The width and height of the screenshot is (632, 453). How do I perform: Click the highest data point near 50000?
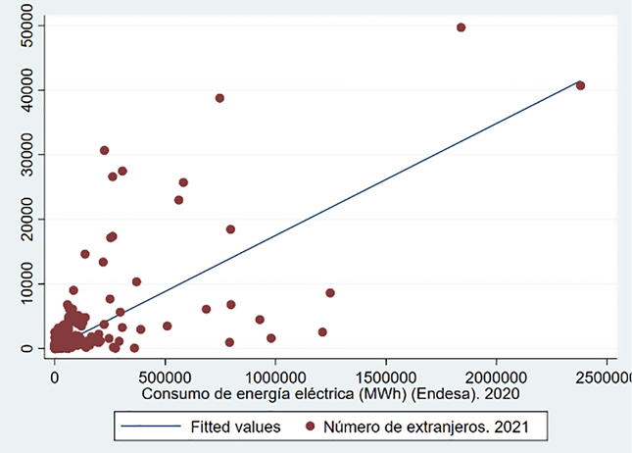(x=462, y=27)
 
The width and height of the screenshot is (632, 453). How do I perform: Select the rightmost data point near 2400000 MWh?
(x=580, y=85)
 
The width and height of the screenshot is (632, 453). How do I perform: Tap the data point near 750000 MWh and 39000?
(x=219, y=98)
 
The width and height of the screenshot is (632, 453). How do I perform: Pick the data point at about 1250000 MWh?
(x=330, y=293)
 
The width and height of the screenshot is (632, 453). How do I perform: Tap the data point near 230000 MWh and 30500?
(x=104, y=151)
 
